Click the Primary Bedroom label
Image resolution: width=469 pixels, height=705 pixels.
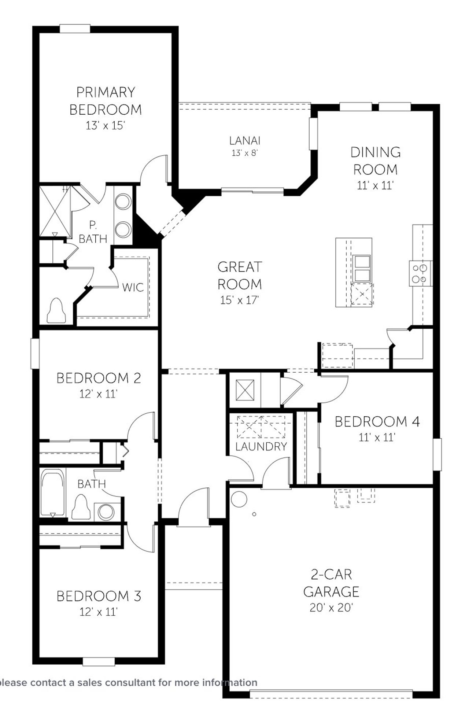pyautogui.click(x=106, y=101)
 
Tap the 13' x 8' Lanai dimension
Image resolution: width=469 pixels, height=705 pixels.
pyautogui.click(x=245, y=153)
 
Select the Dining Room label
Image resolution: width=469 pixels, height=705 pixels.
pyautogui.click(x=375, y=161)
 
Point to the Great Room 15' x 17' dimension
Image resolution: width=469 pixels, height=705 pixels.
pyautogui.click(x=239, y=300)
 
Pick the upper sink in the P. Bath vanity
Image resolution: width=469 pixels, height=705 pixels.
pyautogui.click(x=123, y=202)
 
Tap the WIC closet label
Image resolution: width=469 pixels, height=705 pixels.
pyautogui.click(x=133, y=287)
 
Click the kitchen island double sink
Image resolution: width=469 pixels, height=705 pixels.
pyautogui.click(x=361, y=269)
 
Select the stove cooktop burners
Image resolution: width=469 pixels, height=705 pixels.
pyautogui.click(x=420, y=274)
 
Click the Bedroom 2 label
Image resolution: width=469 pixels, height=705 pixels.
pyautogui.click(x=99, y=378)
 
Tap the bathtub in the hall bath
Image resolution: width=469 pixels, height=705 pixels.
pyautogui.click(x=53, y=493)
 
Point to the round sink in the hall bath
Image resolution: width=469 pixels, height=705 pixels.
pyautogui.click(x=106, y=512)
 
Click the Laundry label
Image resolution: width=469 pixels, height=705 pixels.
pyautogui.click(x=261, y=446)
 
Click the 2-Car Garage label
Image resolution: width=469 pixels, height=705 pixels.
pyautogui.click(x=331, y=583)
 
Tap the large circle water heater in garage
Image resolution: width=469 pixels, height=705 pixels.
pyautogui.click(x=239, y=499)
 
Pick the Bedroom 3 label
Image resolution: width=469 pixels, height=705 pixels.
pyautogui.click(x=99, y=596)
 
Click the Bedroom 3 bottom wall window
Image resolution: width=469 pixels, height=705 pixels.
pyautogui.click(x=99, y=662)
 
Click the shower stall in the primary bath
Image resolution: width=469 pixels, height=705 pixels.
pyautogui.click(x=55, y=211)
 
